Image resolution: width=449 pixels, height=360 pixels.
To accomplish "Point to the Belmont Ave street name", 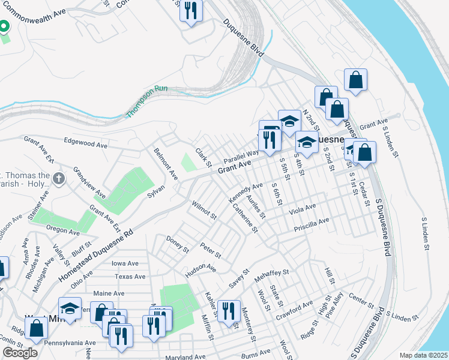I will [x=166, y=164].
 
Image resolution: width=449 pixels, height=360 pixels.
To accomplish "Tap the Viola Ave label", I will [x=302, y=210].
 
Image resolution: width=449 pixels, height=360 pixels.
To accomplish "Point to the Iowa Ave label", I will [x=125, y=263].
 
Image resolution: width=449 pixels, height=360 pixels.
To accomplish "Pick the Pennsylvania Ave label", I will [x=74, y=343].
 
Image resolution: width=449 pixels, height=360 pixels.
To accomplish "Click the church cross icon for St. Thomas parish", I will [x=58, y=178].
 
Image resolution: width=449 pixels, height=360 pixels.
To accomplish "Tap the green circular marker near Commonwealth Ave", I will [x=3, y=26].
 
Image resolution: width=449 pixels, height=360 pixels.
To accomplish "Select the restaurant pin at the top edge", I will [x=191, y=11].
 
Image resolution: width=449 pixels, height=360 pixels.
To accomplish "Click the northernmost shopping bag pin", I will [x=355, y=80].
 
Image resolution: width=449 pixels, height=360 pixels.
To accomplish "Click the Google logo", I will [x=20, y=352].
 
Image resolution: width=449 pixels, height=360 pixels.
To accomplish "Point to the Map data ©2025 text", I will [x=423, y=355].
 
